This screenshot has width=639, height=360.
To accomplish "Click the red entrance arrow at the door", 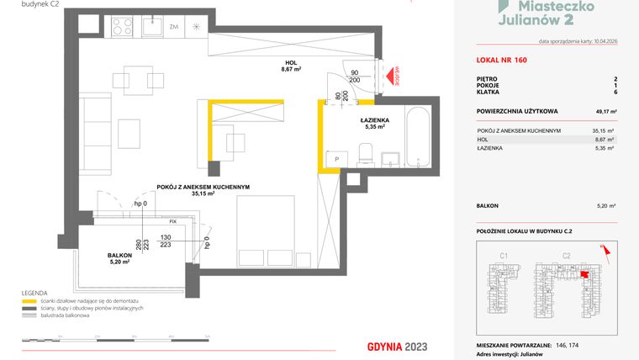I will pyautogui.click(x=389, y=78).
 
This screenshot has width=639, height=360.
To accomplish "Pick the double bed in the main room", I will pyautogui.click(x=268, y=230).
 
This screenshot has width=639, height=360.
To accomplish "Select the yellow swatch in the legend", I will pyautogui.click(x=30, y=300).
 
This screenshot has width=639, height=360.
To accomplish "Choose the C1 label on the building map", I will pyautogui.click(x=504, y=255).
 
